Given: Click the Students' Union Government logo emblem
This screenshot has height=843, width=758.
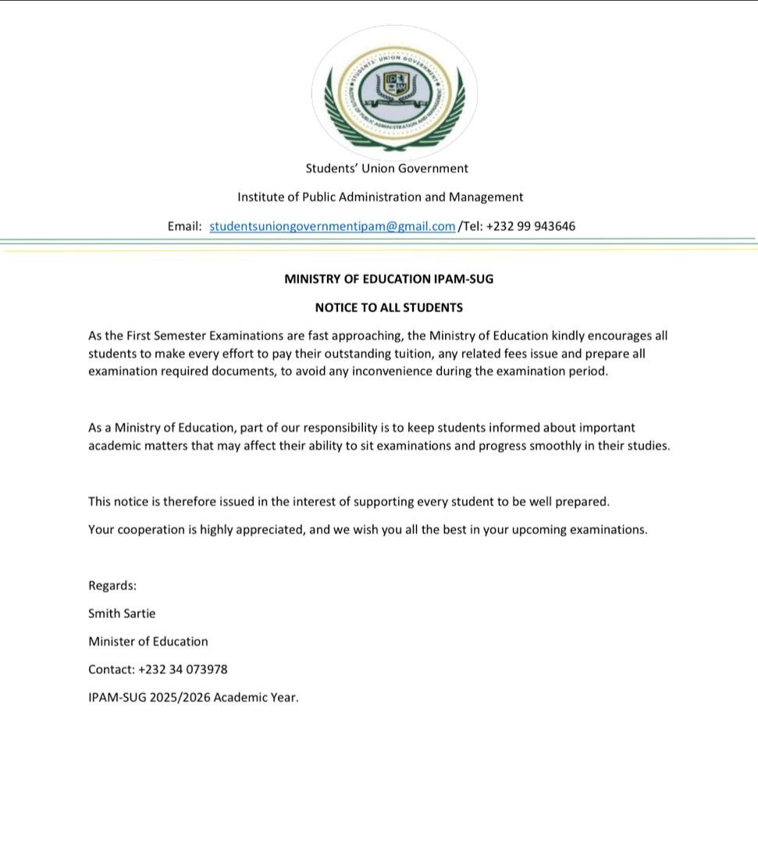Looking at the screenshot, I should [x=394, y=93].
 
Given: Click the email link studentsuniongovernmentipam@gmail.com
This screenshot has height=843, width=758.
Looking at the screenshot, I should [x=332, y=226].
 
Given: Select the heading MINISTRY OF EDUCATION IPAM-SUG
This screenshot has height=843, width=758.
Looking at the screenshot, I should [x=389, y=279].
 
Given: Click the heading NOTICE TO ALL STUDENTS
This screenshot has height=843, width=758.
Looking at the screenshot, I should [x=389, y=308].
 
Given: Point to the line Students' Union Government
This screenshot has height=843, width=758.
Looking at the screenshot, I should [x=386, y=169].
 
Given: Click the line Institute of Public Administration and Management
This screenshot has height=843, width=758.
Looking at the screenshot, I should [x=380, y=197].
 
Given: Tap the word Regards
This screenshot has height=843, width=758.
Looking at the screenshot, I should [x=112, y=585].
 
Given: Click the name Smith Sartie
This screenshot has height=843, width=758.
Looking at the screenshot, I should [x=122, y=614].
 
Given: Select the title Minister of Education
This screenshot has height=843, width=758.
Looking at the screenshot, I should [x=148, y=642].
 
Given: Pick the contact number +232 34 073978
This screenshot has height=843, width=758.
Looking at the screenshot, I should [x=183, y=670].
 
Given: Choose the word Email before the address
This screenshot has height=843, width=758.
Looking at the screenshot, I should [x=184, y=226].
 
